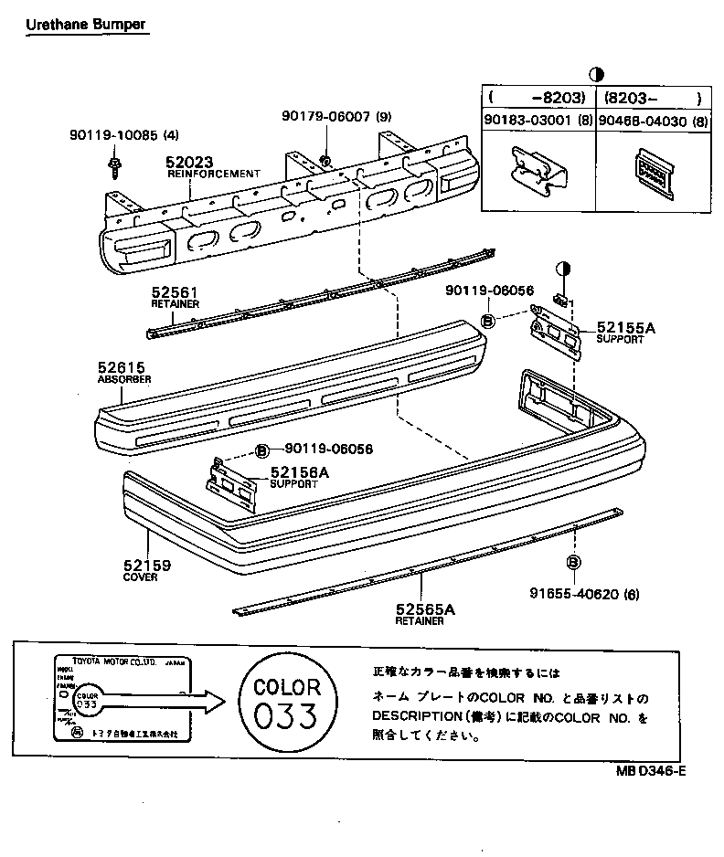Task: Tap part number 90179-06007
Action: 325,116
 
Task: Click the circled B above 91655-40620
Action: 574,562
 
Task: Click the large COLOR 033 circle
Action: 286,700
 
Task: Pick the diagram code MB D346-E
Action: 650,770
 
